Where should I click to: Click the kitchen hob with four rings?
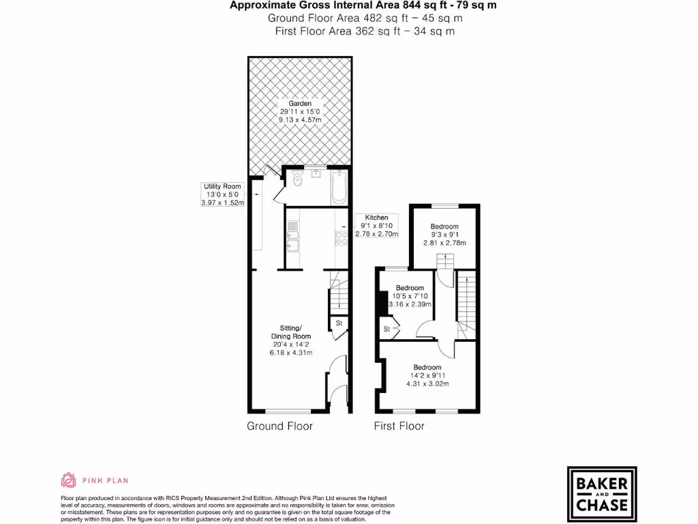click(340, 237)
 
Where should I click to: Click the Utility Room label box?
click(222, 194)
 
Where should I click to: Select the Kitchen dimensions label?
click(376, 226)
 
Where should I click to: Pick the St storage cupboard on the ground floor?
click(339, 323)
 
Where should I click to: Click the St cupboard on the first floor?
click(386, 329)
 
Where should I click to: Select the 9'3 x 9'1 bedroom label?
click(444, 235)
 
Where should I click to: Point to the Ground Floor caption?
click(279, 426)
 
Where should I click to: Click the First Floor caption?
click(399, 426)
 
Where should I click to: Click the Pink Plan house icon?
click(68, 480)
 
